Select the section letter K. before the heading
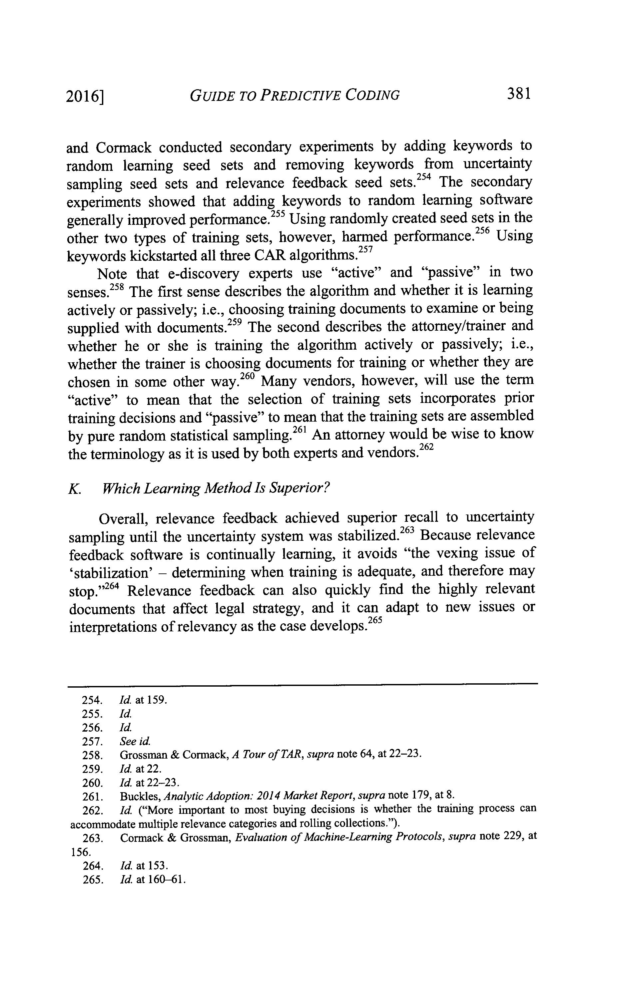pos(74,489)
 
